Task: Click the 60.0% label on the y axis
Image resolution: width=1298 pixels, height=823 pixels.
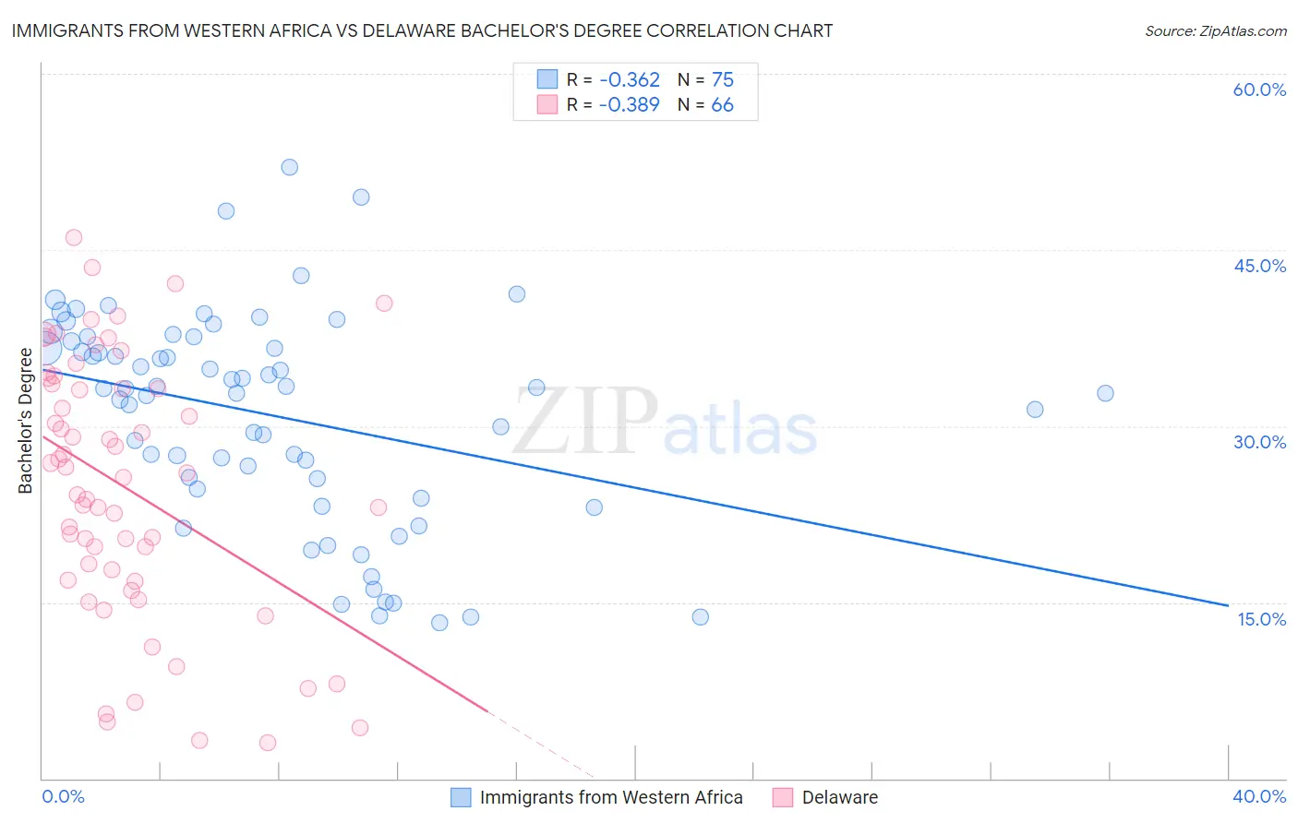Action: (x=1259, y=89)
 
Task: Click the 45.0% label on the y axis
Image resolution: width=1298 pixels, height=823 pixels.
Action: (x=1259, y=266)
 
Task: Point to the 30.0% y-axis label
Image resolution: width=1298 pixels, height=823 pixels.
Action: (x=1259, y=442)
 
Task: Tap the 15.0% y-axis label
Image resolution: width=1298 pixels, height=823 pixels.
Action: (x=1261, y=619)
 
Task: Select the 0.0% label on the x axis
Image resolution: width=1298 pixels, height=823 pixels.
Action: (x=63, y=796)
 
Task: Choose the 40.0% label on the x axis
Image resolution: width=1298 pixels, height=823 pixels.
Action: (x=1258, y=796)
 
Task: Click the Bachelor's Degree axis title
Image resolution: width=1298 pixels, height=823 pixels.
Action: (x=26, y=421)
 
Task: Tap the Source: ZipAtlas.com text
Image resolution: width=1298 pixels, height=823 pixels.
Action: (x=1215, y=31)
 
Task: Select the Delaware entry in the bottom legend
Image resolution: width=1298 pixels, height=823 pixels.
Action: (x=839, y=797)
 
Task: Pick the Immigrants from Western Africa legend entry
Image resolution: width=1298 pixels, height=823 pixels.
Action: (x=610, y=797)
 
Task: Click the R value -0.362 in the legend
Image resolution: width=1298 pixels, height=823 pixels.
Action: (x=629, y=80)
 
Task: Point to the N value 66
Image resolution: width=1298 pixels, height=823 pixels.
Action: (x=722, y=105)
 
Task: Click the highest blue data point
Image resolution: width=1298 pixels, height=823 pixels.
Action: (x=289, y=167)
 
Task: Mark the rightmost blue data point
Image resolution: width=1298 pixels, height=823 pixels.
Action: (x=1105, y=393)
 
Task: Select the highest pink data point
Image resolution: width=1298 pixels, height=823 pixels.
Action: (x=74, y=237)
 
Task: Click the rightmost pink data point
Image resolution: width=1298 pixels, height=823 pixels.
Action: (x=384, y=303)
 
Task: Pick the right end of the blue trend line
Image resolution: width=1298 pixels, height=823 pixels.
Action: (x=1228, y=605)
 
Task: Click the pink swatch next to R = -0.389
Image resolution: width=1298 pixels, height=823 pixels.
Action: (x=547, y=105)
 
